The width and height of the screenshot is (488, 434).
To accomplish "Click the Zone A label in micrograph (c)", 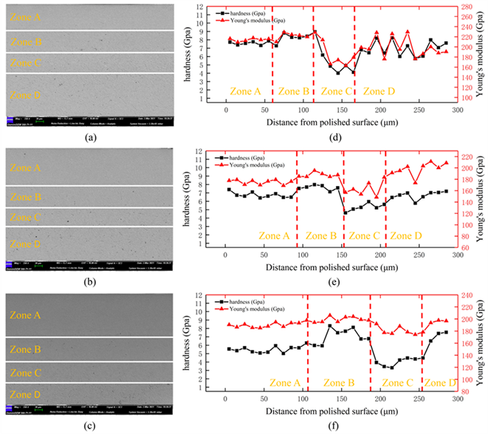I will (26, 314).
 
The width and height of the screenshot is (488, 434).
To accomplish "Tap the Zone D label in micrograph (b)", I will (26, 244).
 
